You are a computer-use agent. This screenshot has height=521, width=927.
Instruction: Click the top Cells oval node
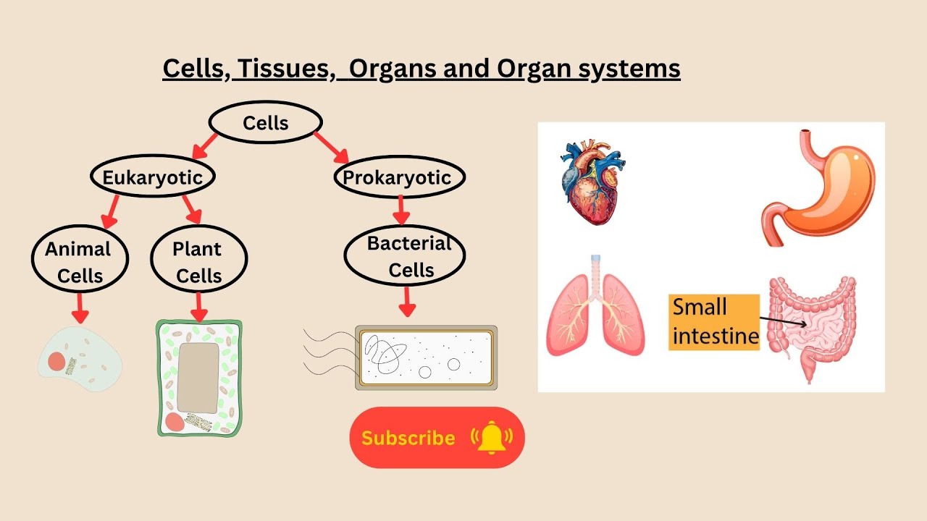(x=265, y=123)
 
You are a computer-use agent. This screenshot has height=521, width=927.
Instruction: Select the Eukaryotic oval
(x=152, y=177)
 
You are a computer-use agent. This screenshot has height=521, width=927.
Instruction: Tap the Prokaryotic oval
(x=397, y=177)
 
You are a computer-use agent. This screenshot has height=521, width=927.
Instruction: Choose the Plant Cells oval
(x=198, y=261)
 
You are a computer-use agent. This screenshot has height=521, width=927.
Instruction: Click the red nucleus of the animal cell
(x=57, y=360)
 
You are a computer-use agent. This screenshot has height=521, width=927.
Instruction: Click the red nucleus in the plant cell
(x=175, y=423)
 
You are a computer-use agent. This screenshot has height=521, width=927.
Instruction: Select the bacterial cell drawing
(x=426, y=358)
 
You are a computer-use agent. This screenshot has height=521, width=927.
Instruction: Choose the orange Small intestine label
(x=713, y=322)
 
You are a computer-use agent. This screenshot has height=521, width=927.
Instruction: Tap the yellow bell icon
(x=491, y=437)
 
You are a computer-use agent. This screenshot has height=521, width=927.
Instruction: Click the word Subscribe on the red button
(x=408, y=438)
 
